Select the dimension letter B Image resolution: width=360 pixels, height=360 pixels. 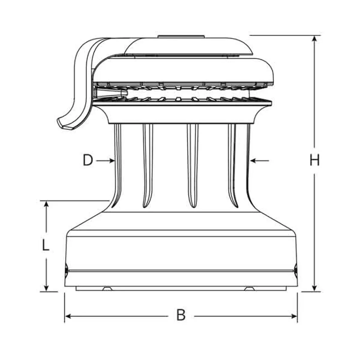[181, 315]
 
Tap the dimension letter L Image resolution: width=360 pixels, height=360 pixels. [45, 245]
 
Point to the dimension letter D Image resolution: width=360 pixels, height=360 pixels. [88, 160]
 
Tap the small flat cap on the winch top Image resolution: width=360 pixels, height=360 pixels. [181, 37]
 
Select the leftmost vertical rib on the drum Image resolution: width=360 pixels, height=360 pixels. [118, 165]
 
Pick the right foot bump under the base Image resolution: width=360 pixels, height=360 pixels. [250, 289]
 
